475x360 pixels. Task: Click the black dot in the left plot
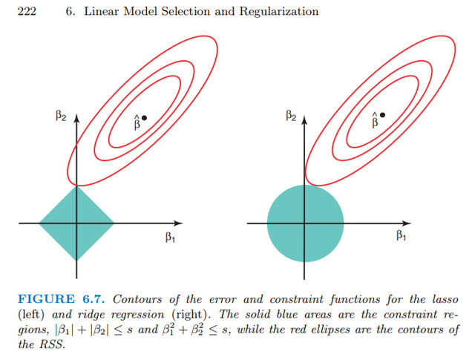coord(144,117)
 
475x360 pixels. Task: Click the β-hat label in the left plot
coord(136,122)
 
